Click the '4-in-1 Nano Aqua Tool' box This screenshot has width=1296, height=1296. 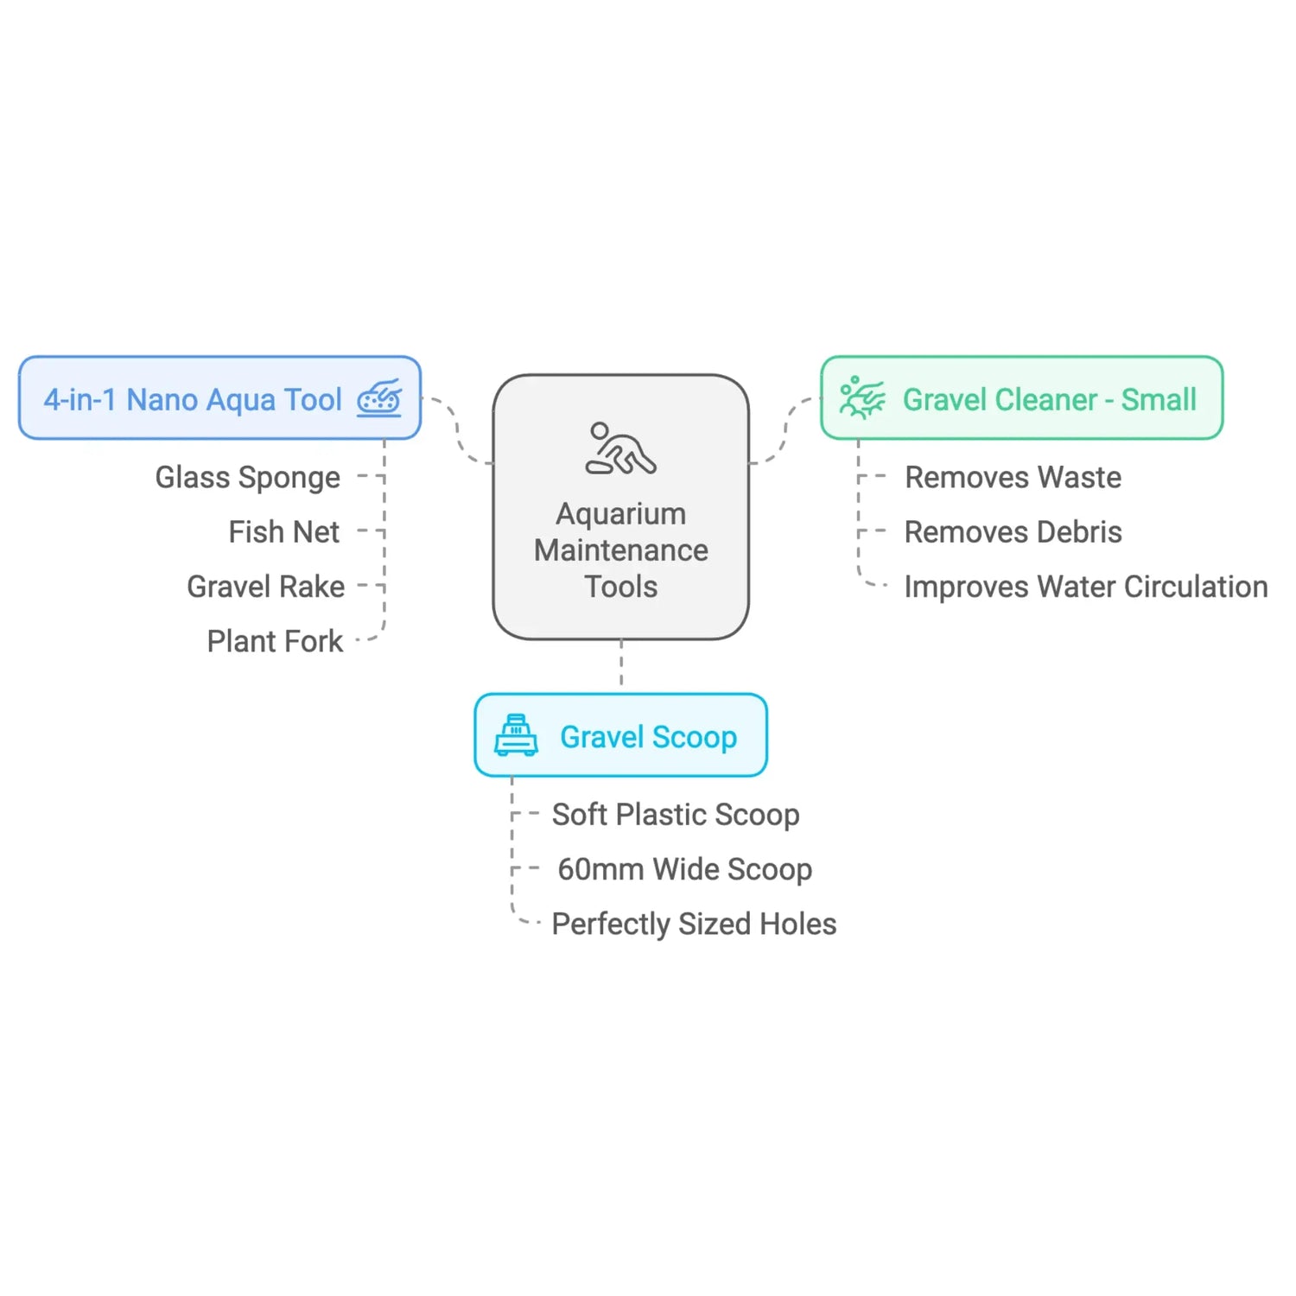tap(219, 397)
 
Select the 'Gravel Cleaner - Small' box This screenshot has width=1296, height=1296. tap(1021, 397)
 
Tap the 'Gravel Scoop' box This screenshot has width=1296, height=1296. tap(620, 735)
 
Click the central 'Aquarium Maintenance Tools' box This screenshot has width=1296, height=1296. tap(620, 507)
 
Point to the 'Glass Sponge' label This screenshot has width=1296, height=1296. tap(247, 477)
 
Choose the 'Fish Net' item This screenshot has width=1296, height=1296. tap(283, 532)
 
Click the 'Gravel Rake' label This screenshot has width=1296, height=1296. tap(265, 587)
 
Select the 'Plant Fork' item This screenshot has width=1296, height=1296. tap(275, 641)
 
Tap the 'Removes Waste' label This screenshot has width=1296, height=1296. tap(1013, 477)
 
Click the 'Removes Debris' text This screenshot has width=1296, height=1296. tap(1013, 532)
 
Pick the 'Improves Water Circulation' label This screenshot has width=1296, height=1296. tap(1085, 587)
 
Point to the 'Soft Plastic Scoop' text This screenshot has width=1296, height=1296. tap(676, 814)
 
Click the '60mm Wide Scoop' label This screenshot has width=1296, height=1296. tap(684, 869)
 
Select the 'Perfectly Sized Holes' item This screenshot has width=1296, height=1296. tap(694, 924)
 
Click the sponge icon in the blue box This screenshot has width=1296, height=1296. tap(379, 398)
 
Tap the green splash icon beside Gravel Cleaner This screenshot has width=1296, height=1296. tap(861, 397)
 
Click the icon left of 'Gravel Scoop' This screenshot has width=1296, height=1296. tap(516, 735)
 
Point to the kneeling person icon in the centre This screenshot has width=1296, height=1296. tap(620, 448)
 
